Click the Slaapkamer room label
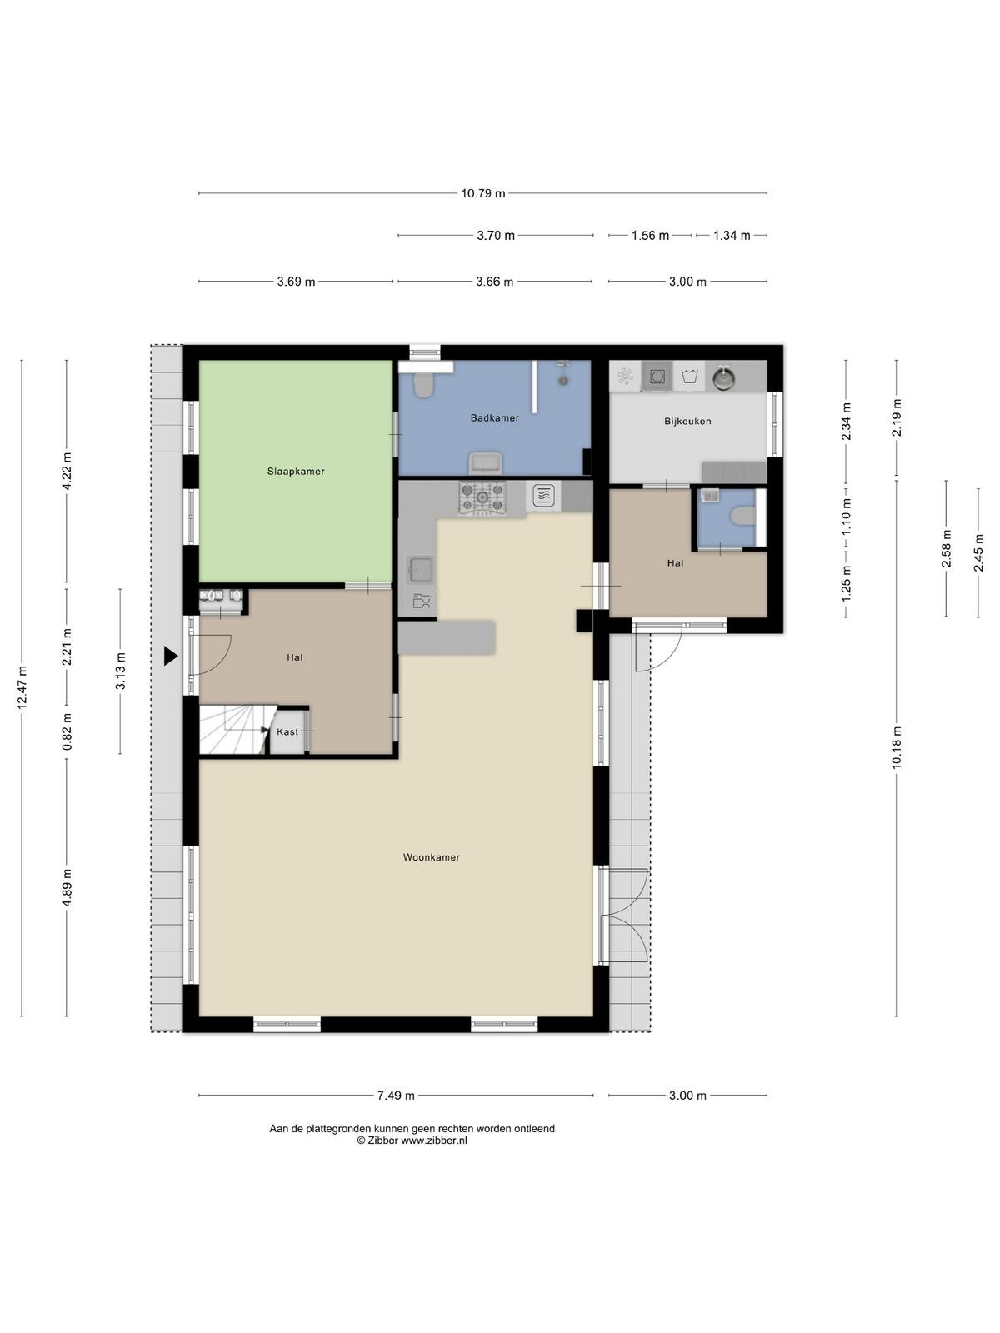296,472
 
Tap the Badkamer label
495,418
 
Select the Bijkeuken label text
687,421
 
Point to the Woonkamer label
431,857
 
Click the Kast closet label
287,731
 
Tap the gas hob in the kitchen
482,498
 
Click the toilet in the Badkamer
422,385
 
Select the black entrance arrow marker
171,656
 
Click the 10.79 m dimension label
483,194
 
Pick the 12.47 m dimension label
22,686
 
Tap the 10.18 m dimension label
897,747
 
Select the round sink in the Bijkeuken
723,377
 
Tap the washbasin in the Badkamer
486,462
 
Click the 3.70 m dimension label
496,236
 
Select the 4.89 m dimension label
67,887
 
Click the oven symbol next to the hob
543,497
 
